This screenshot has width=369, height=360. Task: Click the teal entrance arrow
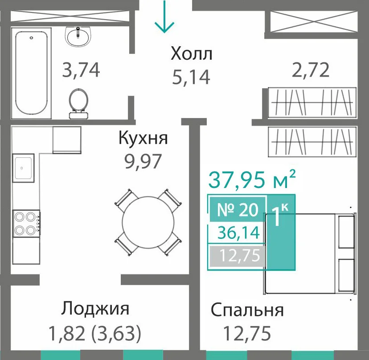pos(164,16)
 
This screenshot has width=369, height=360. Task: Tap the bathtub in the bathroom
pos(32,73)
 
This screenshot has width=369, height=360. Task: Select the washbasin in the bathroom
pos(78,36)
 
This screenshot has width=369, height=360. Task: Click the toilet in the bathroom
pos(79,103)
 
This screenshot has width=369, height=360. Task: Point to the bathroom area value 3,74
pos(81,70)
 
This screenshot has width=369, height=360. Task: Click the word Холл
pos(191,53)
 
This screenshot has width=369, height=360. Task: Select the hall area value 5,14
pos(191,77)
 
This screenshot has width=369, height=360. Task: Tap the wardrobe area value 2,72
pos(310,70)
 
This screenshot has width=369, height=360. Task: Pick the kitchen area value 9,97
pos(143,161)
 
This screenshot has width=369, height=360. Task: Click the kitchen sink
pos(23,168)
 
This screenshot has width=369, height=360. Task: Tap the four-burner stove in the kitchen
pos(27,223)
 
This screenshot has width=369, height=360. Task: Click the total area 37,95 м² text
pos(252,180)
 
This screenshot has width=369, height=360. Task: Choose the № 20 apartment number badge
pos(238,209)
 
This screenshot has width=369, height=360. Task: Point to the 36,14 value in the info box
pos(238,233)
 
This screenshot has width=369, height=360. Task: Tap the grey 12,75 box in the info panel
pos(238,256)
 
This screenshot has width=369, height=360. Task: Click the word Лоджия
pos(95,308)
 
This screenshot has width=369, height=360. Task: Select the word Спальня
pos(247,311)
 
